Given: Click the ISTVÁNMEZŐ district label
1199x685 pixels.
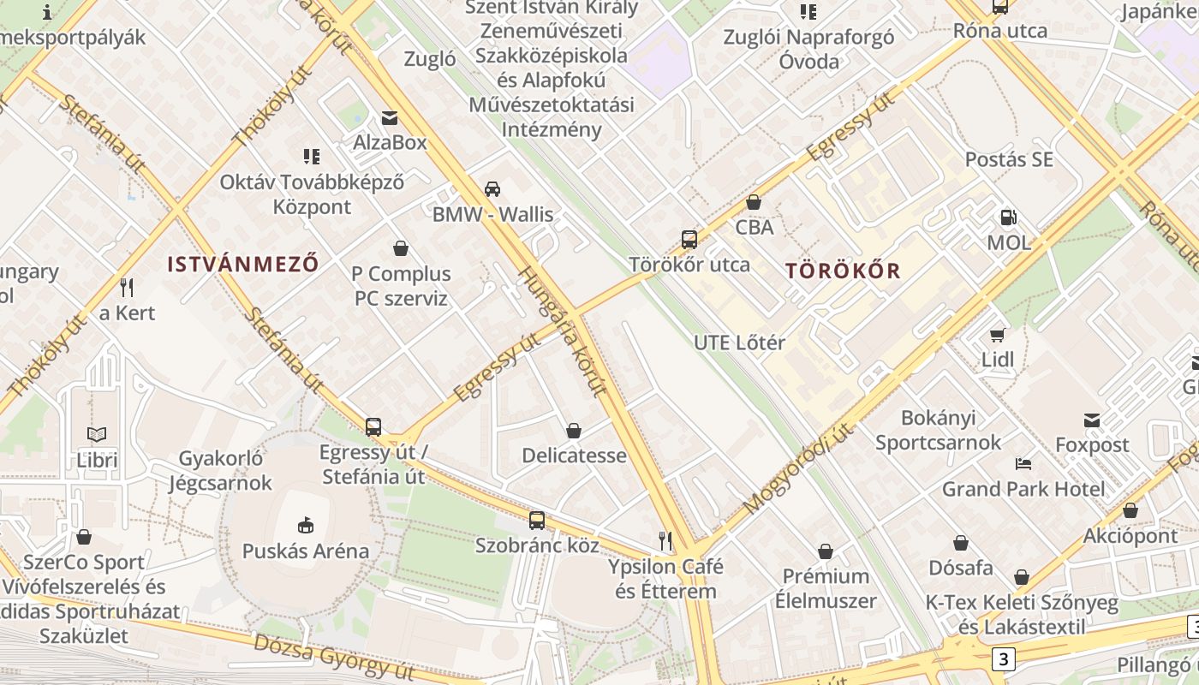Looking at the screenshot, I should pos(242,264).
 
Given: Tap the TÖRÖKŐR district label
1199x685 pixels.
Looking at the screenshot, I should pos(843,271).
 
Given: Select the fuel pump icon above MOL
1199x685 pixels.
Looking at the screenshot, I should pos(1009,217).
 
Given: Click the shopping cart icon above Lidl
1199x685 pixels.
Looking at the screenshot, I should pos(997,334).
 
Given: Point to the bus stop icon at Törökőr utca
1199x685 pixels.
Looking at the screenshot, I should pos(689,239).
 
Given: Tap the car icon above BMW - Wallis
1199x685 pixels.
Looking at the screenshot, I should pos(492,188).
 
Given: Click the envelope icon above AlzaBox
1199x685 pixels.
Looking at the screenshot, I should pos(390,117).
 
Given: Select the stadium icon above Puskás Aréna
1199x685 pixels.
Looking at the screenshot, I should pos(306,525).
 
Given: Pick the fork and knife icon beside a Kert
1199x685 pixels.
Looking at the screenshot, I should pos(127,286).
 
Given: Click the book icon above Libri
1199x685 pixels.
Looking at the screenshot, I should pos(97,435).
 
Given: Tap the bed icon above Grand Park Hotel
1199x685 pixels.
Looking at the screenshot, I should pos(1023,464).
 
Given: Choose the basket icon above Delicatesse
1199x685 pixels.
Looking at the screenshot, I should pos(574,430).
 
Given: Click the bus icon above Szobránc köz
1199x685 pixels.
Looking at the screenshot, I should pos(537,520).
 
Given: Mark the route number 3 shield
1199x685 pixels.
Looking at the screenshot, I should pos(1003,659).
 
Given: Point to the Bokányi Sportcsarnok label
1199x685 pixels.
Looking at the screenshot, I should pos(938,430).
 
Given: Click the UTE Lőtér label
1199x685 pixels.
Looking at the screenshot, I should pos(739,342).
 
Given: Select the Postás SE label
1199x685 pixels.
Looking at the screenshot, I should pos(1009,159).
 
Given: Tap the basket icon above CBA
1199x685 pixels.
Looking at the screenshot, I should pos(754,202).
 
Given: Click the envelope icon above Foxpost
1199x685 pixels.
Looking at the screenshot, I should pos(1092,420).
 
